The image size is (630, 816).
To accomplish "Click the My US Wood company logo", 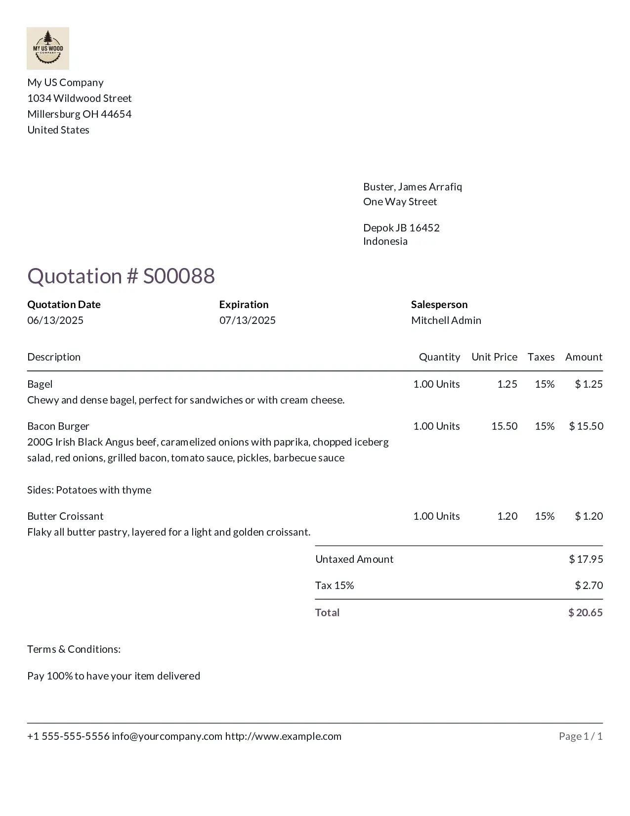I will pos(48,48).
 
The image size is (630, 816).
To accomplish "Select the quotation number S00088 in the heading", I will pos(179,276).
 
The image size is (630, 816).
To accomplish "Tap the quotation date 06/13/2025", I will pos(55,320).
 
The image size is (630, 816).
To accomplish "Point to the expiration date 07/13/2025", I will pos(248,320).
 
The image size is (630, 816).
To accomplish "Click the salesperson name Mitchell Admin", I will pos(446,320).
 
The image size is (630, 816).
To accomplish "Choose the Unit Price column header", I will pos(494,357).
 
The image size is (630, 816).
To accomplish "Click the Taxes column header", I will pos(541,357).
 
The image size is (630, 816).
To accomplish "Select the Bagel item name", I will pos(40,384).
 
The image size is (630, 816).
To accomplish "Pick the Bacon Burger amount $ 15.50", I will pos(586,426).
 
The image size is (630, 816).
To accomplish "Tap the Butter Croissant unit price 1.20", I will pos(507,516).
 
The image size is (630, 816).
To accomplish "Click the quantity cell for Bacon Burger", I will pos(436,426).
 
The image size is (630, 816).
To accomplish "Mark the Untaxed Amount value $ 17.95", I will pos(586,559).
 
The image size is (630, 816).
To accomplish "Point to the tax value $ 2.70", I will pos(589,586).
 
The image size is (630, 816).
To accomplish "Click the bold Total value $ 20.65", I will pos(586,613).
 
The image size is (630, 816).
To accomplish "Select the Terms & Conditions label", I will pos(74,649).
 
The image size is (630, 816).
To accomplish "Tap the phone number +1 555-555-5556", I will pos(68,736).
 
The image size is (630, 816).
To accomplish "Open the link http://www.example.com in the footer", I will pos(283,736).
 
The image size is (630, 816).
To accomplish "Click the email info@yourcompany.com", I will pos(167,736).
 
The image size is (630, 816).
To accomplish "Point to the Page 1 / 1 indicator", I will pos(581,736).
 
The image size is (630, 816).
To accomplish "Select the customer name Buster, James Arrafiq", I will pos(413,187).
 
